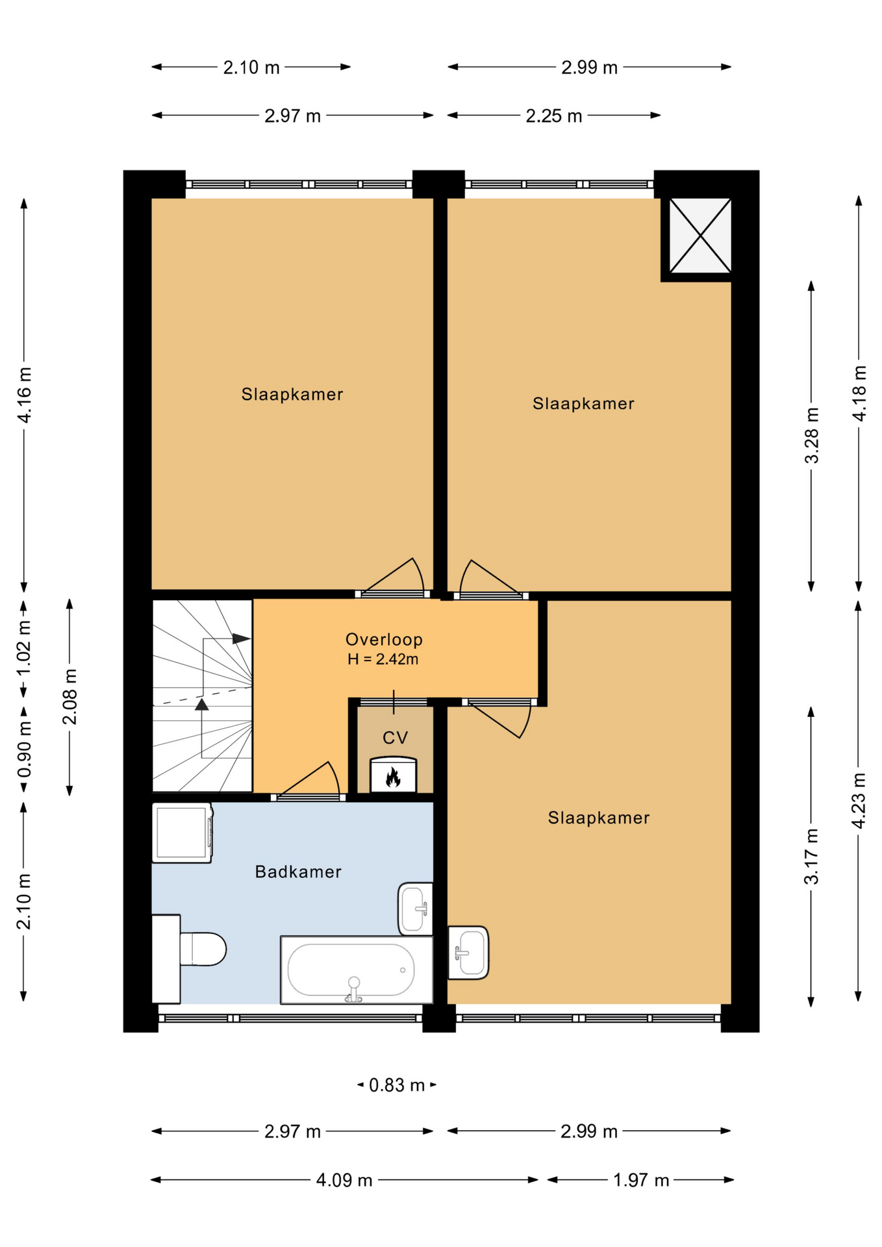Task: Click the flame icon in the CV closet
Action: point(393,777)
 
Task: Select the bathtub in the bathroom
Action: point(357,970)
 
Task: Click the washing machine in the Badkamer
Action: point(183,833)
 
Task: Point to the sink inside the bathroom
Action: point(415,909)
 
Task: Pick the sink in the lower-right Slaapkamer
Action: point(468,953)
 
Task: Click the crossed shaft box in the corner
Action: point(700,236)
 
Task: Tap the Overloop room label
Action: point(384,640)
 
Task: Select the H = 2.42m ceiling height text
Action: point(383,659)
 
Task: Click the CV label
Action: point(395,738)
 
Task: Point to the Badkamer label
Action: point(298,872)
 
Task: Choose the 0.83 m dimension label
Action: point(396,1085)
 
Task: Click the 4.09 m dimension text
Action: point(344,1180)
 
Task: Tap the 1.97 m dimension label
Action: point(641,1180)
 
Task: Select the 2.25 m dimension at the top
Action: point(554,116)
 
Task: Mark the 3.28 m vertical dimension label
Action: point(812,436)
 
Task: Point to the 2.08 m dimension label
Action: point(69,697)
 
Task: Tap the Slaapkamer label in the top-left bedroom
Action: point(292,394)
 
